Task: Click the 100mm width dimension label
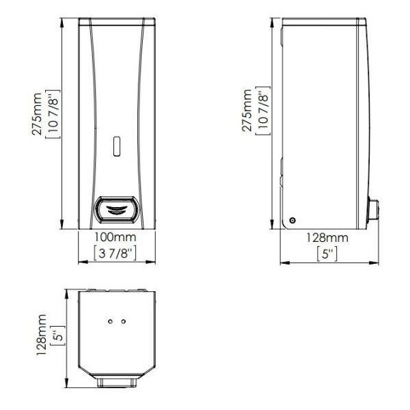pos(115,237)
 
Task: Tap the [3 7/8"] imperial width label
pos(115,253)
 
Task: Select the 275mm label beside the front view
pos(37,114)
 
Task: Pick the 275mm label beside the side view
pos(247,110)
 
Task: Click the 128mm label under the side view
pos(327,238)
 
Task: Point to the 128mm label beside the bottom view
pos(41,335)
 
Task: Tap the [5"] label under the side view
pos(327,254)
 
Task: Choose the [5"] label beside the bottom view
pos(57,336)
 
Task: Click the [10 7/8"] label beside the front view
pos(53,114)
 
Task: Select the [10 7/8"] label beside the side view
pos(263,110)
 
